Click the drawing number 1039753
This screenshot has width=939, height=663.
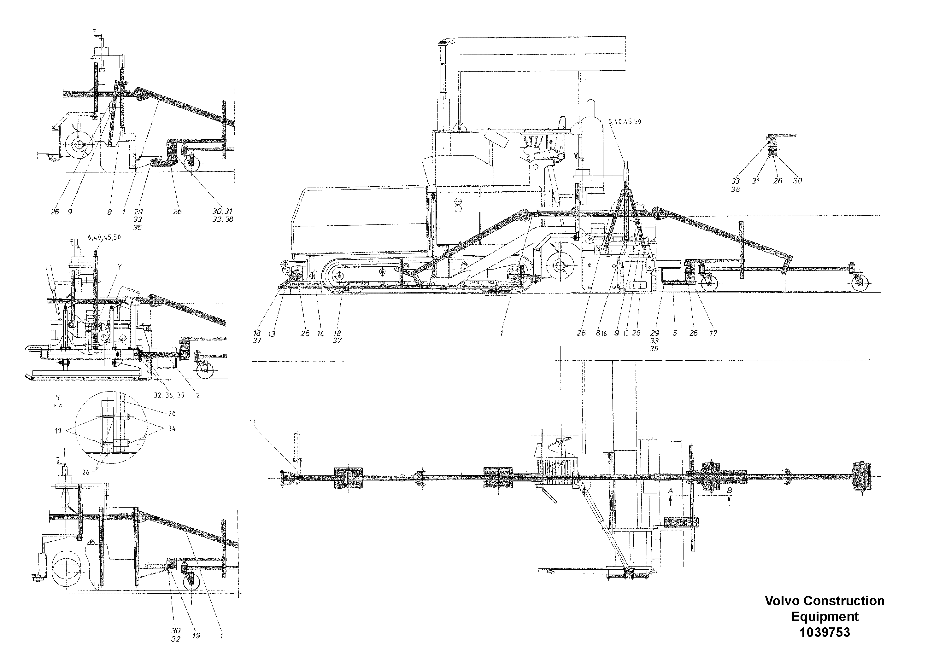(825, 632)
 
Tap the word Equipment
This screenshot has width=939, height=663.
(825, 616)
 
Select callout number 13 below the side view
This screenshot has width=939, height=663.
(272, 334)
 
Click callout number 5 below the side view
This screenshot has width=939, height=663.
(674, 333)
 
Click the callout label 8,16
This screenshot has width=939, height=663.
(601, 334)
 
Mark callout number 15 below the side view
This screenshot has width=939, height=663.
(626, 334)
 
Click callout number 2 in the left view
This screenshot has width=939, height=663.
(198, 396)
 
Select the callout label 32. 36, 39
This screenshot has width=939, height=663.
(169, 396)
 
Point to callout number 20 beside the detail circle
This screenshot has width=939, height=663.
(172, 414)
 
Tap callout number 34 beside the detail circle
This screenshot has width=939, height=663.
(172, 429)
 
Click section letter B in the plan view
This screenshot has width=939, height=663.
(729, 490)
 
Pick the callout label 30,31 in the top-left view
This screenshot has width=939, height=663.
(222, 211)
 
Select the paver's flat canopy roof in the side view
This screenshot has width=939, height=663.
(542, 54)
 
